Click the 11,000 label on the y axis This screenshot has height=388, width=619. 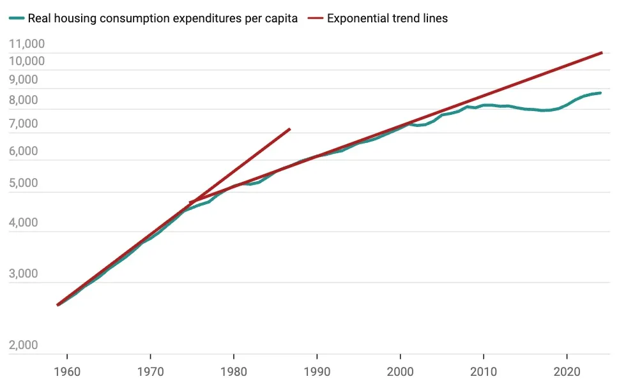click(x=27, y=44)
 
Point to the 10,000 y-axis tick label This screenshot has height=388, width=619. click(x=27, y=61)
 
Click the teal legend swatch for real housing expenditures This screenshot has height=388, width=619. click(x=17, y=19)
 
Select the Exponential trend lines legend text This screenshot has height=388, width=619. click(x=387, y=19)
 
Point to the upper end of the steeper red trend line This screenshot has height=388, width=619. click(x=289, y=130)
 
